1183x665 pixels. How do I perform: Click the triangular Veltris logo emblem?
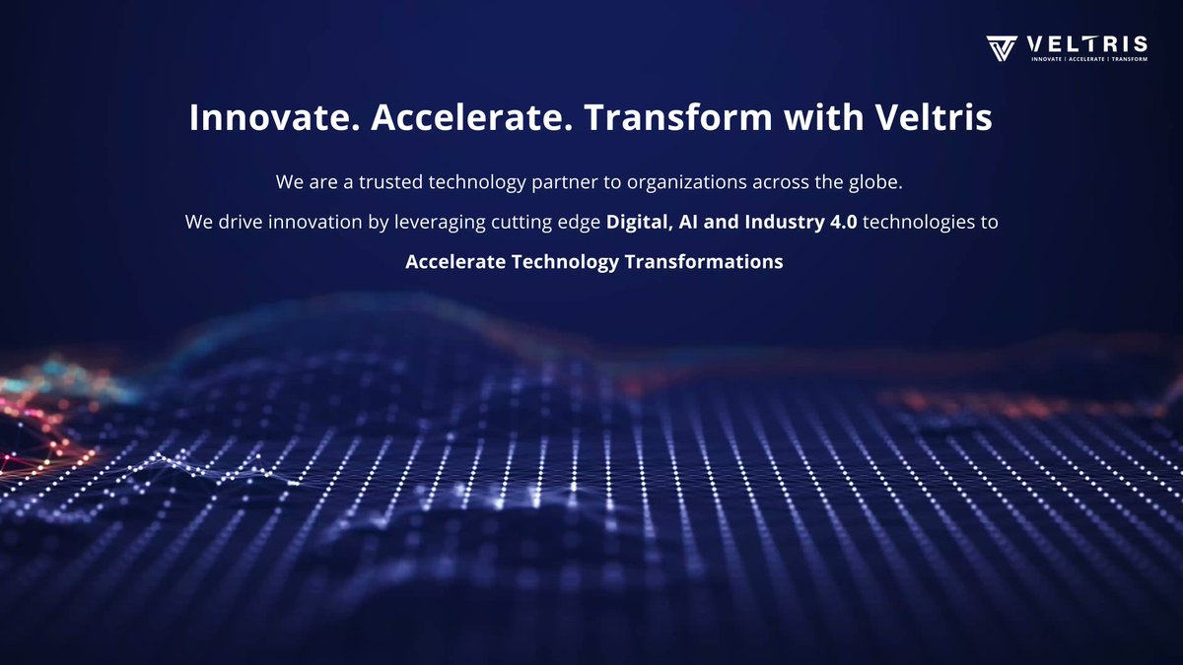pyautogui.click(x=1002, y=48)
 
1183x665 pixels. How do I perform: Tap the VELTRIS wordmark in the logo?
pyautogui.click(x=1086, y=44)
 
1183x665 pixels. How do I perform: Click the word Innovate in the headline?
pyautogui.click(x=275, y=117)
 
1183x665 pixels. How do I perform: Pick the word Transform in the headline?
pyautogui.click(x=678, y=117)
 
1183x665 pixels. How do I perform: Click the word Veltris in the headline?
pyautogui.click(x=935, y=117)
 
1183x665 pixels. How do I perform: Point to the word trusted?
pyautogui.click(x=390, y=182)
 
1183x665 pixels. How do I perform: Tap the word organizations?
pyautogui.click(x=686, y=183)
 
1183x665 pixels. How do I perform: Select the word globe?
pyautogui.click(x=875, y=182)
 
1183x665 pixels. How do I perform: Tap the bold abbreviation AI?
pyautogui.click(x=688, y=223)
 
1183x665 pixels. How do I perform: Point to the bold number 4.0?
pyautogui.click(x=844, y=223)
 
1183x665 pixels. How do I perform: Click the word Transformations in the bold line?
pyautogui.click(x=704, y=262)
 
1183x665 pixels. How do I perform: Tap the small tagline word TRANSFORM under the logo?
pyautogui.click(x=1130, y=59)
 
